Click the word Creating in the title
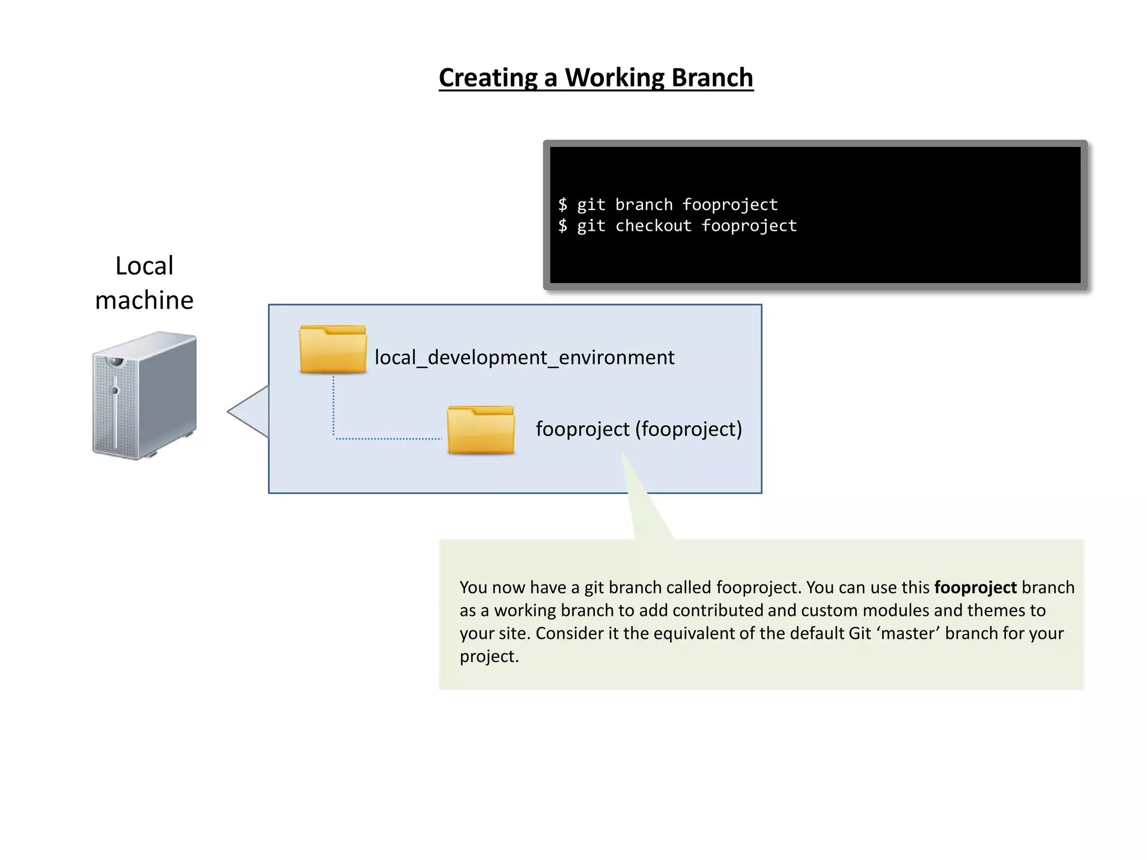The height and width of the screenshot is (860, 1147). [x=488, y=78]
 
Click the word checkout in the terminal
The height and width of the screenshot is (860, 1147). [x=653, y=226]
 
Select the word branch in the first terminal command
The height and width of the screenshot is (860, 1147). [x=644, y=205]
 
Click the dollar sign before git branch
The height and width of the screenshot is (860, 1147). [x=562, y=205]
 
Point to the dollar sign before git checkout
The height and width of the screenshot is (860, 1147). [x=562, y=226]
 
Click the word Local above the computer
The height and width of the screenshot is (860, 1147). [x=144, y=265]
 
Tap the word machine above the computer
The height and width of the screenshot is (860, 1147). [x=144, y=300]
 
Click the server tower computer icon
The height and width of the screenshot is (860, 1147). [x=144, y=395]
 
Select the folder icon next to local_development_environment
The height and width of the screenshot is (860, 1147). [x=333, y=350]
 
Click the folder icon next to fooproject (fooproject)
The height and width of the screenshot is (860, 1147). [x=481, y=430]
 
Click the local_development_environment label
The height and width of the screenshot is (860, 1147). [x=524, y=357]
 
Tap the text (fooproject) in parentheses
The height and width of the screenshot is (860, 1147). [x=688, y=429]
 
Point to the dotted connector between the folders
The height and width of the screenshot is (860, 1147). [x=386, y=439]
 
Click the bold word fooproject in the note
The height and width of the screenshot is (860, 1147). [x=975, y=587]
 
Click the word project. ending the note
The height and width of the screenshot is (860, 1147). [x=489, y=656]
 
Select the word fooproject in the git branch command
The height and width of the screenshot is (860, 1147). [x=730, y=205]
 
